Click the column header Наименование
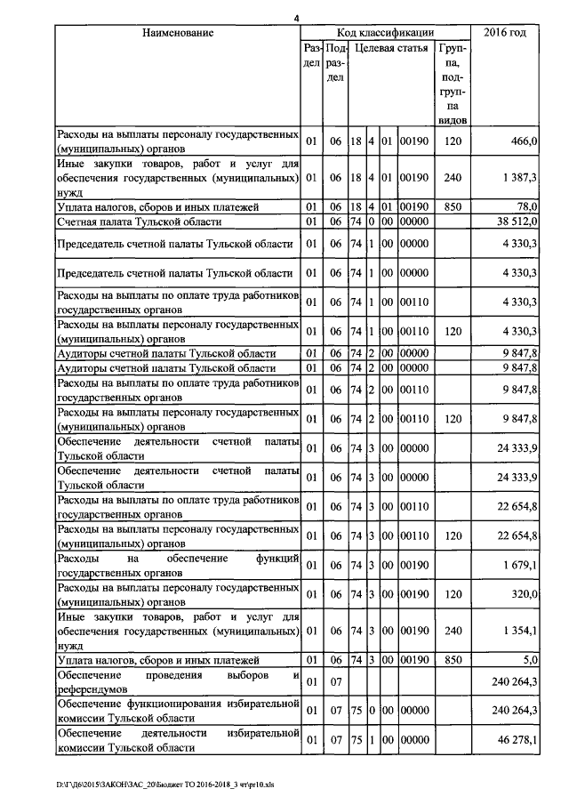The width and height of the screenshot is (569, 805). tap(177, 33)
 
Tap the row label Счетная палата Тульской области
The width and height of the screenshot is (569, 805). tap(139, 221)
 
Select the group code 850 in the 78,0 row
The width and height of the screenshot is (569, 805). tap(453, 206)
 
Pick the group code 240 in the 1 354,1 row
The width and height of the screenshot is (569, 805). tap(453, 631)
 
